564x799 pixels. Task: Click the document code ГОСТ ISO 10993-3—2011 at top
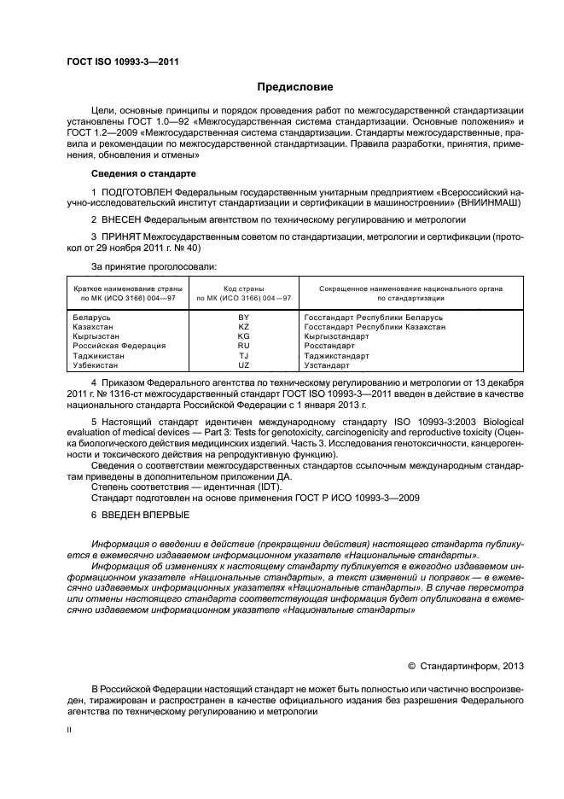pyautogui.click(x=123, y=61)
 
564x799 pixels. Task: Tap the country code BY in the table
pyautogui.click(x=243, y=317)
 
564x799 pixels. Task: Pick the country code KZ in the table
pyautogui.click(x=243, y=327)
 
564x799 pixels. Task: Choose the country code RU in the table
pyautogui.click(x=243, y=346)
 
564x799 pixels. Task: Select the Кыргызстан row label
pyautogui.click(x=95, y=336)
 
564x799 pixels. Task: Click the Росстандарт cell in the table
pyautogui.click(x=329, y=346)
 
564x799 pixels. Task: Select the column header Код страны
pyautogui.click(x=243, y=289)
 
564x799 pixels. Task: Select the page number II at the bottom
pyautogui.click(x=70, y=730)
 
